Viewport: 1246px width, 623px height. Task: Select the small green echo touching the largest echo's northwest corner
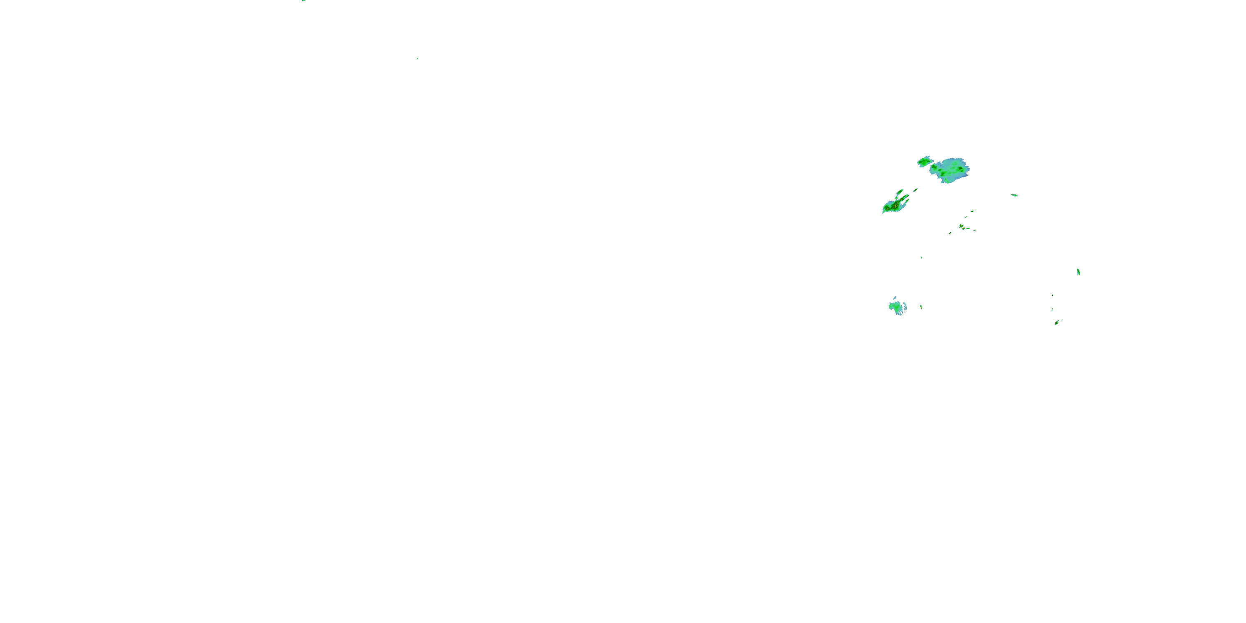pos(924,162)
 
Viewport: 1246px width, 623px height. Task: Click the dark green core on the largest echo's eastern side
pos(960,168)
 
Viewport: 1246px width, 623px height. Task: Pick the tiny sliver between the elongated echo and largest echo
pos(915,190)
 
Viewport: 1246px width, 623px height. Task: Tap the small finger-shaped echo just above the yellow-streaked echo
pos(900,193)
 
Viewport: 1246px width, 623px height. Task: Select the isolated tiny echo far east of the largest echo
pos(1014,195)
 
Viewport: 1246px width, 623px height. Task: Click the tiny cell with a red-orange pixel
pos(961,226)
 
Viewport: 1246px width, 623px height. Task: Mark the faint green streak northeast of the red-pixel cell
pos(973,211)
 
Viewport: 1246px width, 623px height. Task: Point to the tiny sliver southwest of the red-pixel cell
pos(950,233)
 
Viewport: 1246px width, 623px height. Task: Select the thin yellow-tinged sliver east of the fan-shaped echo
pos(921,307)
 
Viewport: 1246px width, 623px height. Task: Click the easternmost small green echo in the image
pos(1078,272)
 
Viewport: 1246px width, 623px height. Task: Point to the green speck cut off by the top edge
pos(304,0)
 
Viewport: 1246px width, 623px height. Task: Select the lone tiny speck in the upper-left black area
pos(417,59)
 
